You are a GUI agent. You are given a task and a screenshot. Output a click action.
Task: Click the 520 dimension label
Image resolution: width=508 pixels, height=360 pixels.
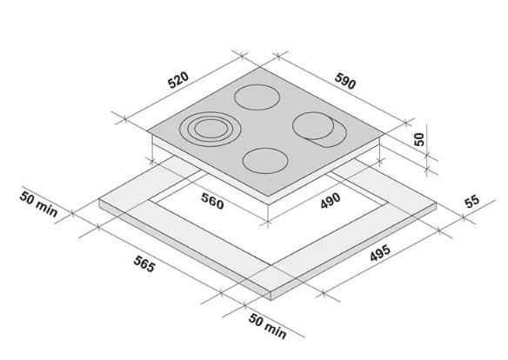click(x=178, y=80)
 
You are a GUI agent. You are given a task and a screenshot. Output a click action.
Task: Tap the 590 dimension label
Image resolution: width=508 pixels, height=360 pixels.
click(x=345, y=81)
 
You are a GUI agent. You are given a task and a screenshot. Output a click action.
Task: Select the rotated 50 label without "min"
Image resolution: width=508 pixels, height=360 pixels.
click(x=419, y=139)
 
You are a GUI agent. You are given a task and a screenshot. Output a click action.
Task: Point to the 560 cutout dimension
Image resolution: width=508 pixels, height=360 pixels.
click(x=212, y=201)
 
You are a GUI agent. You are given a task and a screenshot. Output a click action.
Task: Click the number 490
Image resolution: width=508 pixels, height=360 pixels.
click(x=331, y=201)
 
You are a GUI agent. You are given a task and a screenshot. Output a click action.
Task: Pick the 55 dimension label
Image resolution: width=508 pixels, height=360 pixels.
click(x=471, y=201)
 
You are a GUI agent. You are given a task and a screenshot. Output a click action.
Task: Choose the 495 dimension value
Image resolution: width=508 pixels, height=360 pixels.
click(x=380, y=253)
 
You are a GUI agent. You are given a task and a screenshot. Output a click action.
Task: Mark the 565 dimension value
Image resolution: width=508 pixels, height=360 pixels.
click(x=144, y=263)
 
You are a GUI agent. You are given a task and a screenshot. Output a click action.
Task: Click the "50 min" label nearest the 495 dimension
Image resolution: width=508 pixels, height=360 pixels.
click(x=268, y=326)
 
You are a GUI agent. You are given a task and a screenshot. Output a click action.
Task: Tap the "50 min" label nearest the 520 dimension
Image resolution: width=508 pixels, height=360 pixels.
click(x=38, y=204)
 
